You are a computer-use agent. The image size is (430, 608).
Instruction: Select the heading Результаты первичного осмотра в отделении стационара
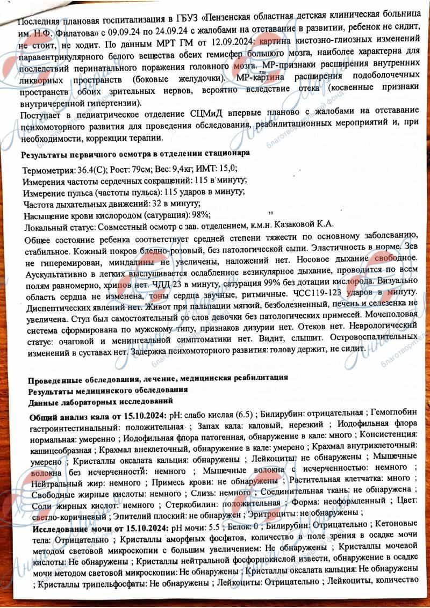135,154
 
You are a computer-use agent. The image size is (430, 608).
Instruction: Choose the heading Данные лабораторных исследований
101,401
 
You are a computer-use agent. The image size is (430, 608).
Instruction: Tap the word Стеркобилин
191,505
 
